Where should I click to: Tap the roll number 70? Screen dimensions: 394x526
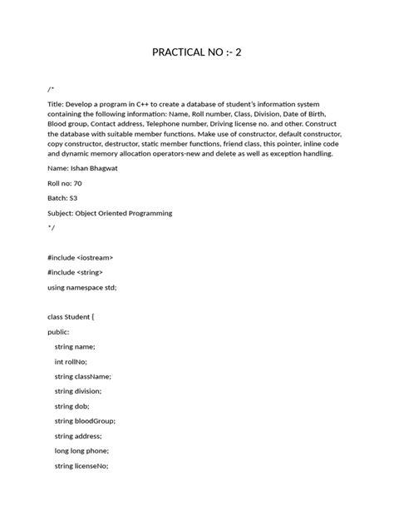(x=77, y=182)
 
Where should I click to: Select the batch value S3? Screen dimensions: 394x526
(x=72, y=197)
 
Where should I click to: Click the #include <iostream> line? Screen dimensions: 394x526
(x=80, y=257)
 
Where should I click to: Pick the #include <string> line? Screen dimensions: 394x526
(x=76, y=272)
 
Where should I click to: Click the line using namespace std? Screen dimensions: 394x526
(x=82, y=287)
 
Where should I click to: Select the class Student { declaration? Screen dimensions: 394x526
(x=71, y=316)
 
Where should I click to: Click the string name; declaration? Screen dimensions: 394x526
(x=75, y=346)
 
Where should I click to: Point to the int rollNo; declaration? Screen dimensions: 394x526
(x=71, y=361)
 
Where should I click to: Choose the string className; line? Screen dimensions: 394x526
(x=82, y=376)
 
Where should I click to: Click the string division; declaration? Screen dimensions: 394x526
(x=78, y=391)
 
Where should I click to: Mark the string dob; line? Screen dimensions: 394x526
(x=71, y=406)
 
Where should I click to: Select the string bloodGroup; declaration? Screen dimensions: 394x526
(x=85, y=421)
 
